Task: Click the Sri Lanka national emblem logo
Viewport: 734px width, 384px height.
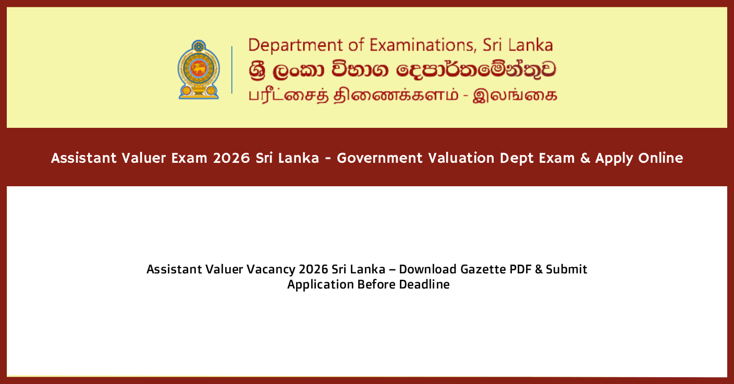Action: click(198, 69)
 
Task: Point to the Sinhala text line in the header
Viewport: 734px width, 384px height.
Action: click(401, 70)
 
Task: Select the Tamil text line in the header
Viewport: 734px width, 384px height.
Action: click(402, 96)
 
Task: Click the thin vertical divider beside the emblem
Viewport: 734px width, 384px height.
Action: click(232, 69)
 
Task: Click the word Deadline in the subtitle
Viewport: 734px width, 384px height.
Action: click(424, 285)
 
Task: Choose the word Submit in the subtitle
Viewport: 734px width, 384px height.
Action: click(567, 269)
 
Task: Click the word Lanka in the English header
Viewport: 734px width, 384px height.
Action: click(531, 45)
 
